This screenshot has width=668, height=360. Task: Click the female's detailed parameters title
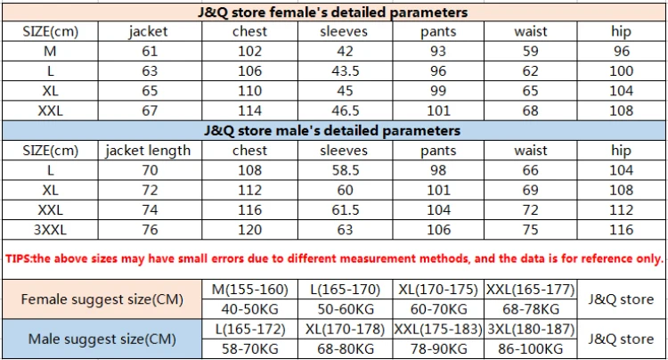pos(333,12)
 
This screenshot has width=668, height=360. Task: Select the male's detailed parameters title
pos(332,130)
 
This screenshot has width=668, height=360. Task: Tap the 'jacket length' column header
pos(148,151)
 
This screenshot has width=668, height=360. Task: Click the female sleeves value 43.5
pos(346,71)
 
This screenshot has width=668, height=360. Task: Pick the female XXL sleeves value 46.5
pos(346,110)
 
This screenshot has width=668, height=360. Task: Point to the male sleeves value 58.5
pos(346,170)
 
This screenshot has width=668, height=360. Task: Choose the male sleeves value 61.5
pos(346,210)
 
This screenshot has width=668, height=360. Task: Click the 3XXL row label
pos(50,230)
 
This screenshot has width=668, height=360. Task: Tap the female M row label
pos(50,52)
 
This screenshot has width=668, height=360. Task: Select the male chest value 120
pos(249,230)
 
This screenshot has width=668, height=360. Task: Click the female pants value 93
pos(438,52)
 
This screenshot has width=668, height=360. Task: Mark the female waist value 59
pos(531,52)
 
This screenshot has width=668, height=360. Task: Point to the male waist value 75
pos(531,230)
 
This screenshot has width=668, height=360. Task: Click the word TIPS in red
pos(18,258)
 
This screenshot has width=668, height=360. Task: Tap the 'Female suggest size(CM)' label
pos(102,299)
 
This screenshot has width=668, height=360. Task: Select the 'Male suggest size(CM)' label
pos(102,340)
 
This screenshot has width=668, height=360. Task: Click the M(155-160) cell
pos(250,290)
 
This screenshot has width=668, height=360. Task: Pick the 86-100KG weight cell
pos(531,349)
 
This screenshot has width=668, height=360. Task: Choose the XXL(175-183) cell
pos(438,330)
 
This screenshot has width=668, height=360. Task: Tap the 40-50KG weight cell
pos(249,309)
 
